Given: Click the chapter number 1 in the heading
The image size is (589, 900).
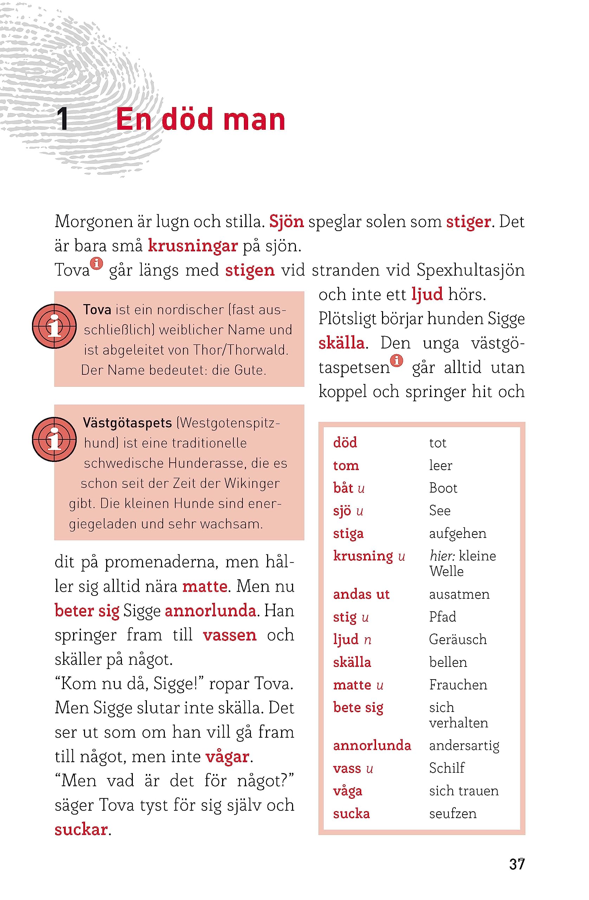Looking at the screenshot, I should point(63,119).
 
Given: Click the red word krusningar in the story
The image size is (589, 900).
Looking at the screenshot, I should point(193,246).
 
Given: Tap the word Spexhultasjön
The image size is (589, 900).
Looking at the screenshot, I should point(470,270).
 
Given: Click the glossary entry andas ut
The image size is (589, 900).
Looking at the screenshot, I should point(361,594).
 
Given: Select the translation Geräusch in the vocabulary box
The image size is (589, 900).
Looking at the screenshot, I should point(458,639).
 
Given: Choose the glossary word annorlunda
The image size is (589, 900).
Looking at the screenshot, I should point(371,745).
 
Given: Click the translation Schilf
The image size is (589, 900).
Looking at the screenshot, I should point(446,768).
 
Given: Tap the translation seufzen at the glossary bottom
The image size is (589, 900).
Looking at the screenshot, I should point(453,814).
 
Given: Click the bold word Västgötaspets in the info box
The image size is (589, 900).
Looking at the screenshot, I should point(128,423).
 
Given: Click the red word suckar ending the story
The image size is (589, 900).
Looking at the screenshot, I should point(81,830).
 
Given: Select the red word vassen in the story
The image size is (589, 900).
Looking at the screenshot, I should point(229,635).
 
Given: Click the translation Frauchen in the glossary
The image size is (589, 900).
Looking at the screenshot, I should point(458,685).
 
